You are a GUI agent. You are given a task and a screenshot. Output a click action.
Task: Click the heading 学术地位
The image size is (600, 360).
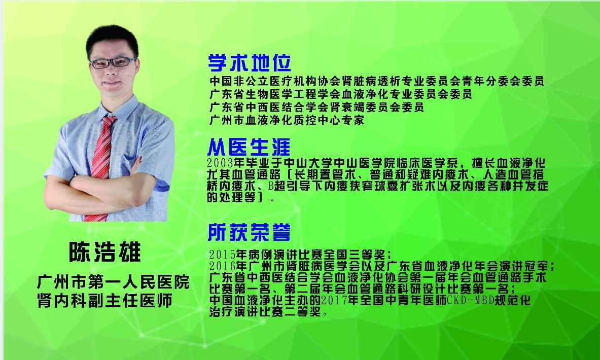point(250,63)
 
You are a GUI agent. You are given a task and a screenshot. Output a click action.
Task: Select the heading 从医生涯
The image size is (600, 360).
point(249,147)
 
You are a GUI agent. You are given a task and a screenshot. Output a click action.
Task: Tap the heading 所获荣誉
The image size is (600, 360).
point(249,232)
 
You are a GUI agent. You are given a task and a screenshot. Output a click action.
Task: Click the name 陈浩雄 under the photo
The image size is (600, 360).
point(105,251)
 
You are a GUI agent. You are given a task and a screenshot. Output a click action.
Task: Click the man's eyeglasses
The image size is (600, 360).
point(113,62)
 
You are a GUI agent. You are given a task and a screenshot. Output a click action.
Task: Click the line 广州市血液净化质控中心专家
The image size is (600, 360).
point(287,120)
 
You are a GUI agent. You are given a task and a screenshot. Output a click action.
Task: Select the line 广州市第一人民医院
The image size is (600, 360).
point(113,282)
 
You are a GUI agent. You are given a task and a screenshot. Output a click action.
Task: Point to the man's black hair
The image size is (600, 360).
point(112,38)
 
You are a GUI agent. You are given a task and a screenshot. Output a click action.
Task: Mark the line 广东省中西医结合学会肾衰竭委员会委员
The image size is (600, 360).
point(316,107)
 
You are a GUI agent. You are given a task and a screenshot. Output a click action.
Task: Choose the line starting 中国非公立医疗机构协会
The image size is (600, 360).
point(376,81)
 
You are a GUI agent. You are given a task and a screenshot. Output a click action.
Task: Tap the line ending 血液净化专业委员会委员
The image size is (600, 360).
point(340,94)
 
